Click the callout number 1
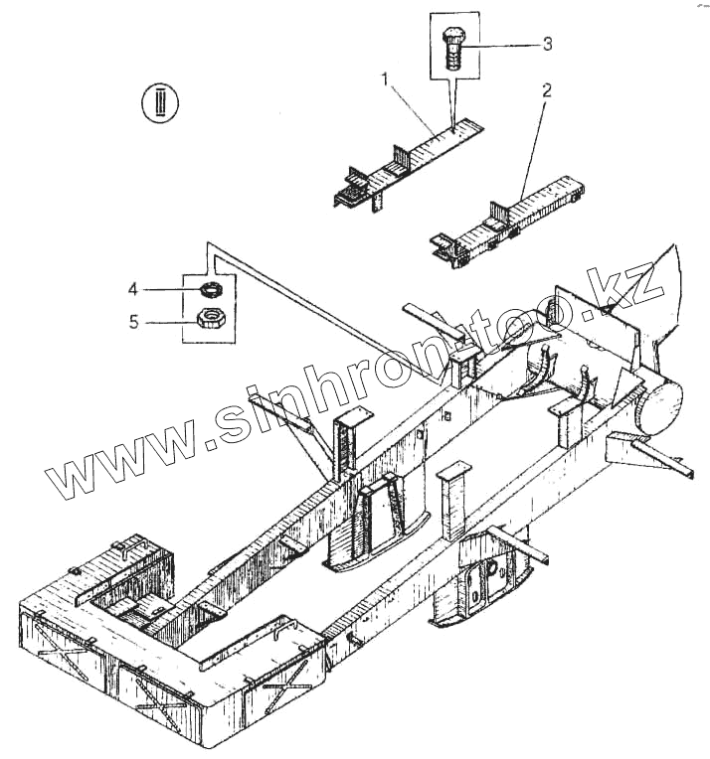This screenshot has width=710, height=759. pos(383,78)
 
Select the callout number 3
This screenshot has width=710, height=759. pos(546,44)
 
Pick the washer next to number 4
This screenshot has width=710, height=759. pos(209,290)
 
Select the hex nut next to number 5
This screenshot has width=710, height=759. pos(210,319)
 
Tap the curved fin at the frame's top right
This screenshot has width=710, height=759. pos(665,288)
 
